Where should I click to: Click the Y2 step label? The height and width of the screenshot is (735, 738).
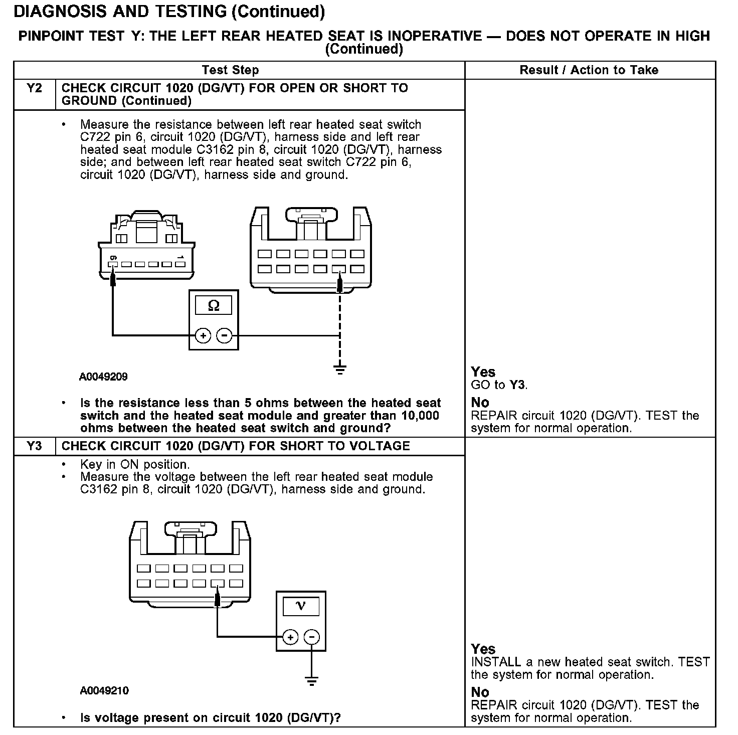point(34,89)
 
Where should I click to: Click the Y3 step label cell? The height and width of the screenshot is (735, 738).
point(34,446)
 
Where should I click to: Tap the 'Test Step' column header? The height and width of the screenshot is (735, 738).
point(230,70)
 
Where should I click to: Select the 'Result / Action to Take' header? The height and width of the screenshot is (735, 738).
point(589,70)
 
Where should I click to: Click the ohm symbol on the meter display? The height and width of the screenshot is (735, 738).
point(214,305)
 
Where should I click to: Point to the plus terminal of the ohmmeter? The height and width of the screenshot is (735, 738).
point(203,335)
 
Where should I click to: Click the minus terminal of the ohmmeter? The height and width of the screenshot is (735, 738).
point(225,335)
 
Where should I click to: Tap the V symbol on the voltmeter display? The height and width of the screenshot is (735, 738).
point(301,606)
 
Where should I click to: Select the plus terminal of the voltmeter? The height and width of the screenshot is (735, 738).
point(290,637)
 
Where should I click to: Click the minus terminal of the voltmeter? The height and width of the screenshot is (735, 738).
point(312,637)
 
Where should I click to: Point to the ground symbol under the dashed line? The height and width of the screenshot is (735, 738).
point(340,370)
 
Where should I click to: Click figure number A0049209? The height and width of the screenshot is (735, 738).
point(103,377)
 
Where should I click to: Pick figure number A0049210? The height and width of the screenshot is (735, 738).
point(104,690)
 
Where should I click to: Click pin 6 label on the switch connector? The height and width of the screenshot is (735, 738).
point(113,258)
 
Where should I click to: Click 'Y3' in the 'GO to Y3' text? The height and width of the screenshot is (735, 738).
point(517,385)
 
